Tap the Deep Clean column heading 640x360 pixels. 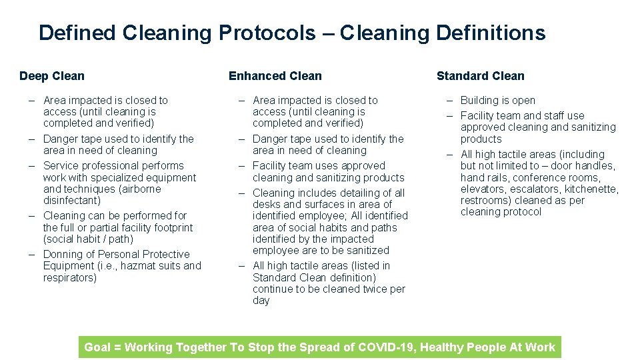(52, 76)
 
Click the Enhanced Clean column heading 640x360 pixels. (275, 76)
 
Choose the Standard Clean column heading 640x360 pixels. (480, 76)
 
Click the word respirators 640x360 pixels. (70, 277)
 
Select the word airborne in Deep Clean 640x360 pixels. (140, 189)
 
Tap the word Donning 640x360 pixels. (62, 254)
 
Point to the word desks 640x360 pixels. (267, 204)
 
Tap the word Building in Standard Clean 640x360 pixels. (480, 100)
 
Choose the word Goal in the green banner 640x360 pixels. (97, 347)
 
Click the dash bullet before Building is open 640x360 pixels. (450, 100)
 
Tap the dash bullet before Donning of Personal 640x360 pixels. (32, 254)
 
